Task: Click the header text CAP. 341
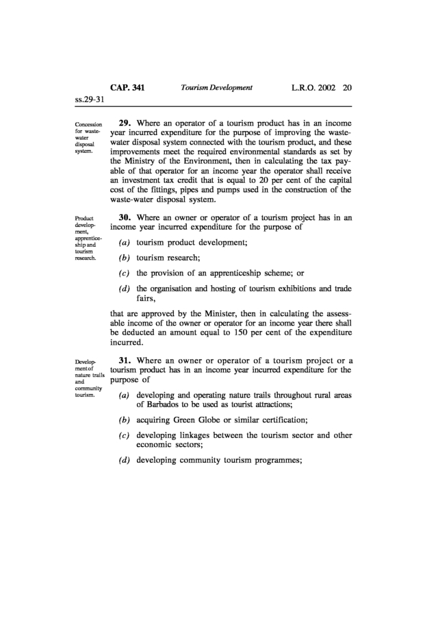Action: point(128,88)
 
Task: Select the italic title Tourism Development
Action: point(217,88)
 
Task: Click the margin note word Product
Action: point(85,219)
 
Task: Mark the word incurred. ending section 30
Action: point(128,343)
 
